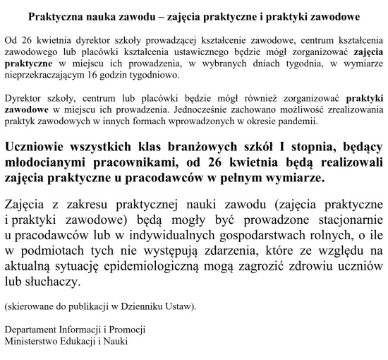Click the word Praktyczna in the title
[56, 15]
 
